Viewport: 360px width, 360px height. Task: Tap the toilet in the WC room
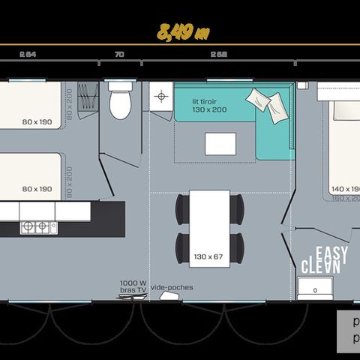[120, 102]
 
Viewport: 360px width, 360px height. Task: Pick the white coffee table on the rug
[220, 143]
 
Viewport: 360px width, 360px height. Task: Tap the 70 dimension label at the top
[119, 54]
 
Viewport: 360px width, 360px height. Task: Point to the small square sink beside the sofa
[161, 97]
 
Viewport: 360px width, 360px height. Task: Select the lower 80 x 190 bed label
[37, 189]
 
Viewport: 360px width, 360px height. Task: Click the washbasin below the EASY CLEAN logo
[314, 288]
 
